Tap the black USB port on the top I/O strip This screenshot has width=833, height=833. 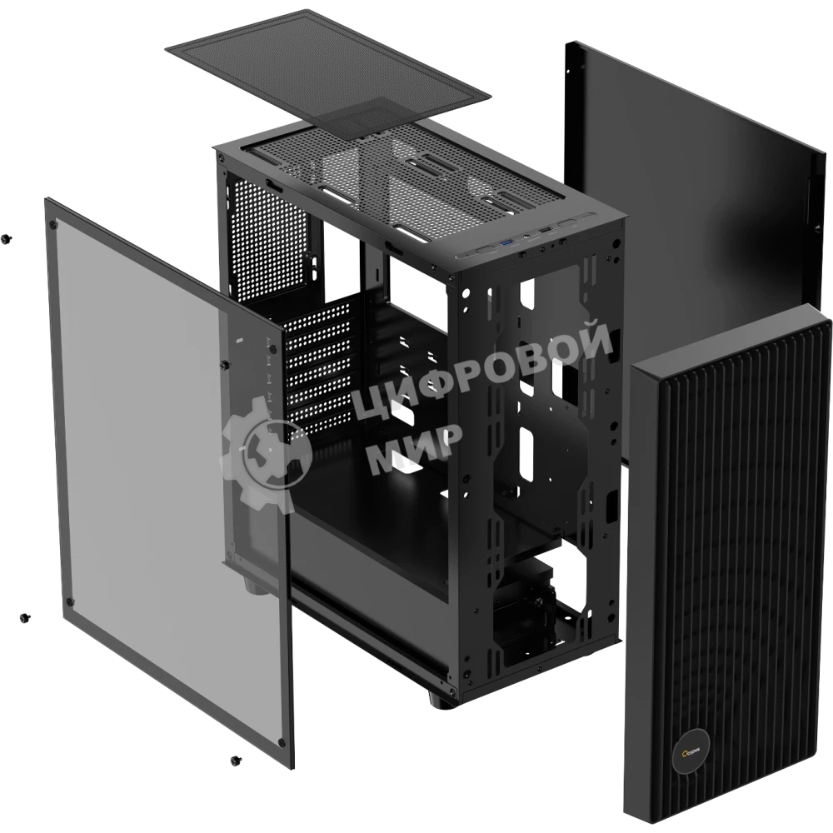coord(544,230)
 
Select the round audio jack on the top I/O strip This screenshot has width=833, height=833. coord(525,237)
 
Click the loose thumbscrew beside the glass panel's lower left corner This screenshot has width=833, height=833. coord(26,617)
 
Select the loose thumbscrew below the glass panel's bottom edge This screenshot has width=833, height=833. coord(234,760)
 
